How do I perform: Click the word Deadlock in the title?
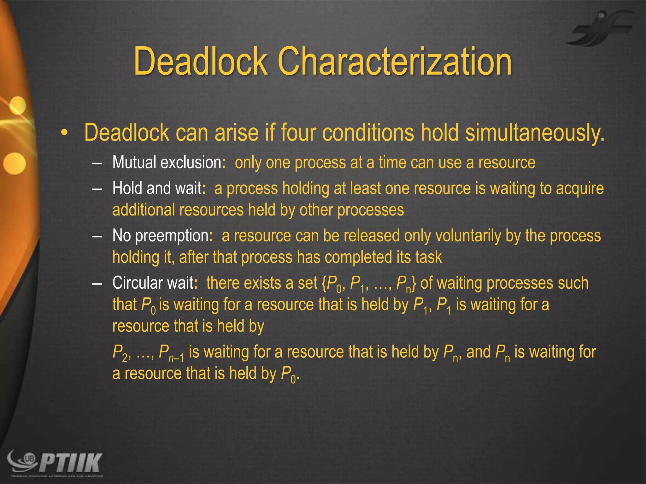(201, 61)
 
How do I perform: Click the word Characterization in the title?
(395, 61)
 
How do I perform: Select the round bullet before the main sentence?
(64, 133)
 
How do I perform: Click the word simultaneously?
(535, 133)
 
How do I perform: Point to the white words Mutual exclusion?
(167, 163)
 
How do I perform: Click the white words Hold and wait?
(157, 188)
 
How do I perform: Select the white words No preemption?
(161, 236)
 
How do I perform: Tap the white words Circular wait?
(153, 283)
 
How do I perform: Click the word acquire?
(579, 188)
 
